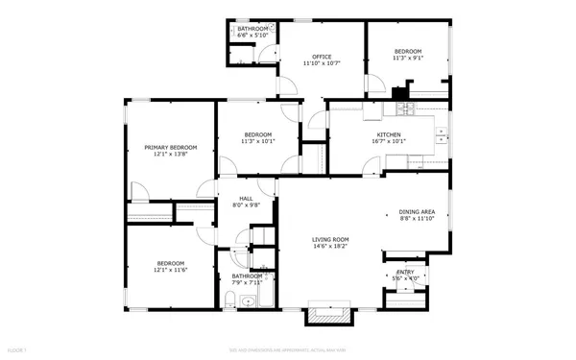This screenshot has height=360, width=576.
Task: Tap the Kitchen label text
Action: click(x=388, y=134)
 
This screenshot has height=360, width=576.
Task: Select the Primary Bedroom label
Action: click(x=171, y=147)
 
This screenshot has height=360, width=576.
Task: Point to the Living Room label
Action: click(x=329, y=239)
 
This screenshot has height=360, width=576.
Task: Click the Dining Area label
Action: click(x=418, y=212)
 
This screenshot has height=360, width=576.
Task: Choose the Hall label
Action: click(x=247, y=198)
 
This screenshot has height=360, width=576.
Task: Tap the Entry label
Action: click(x=406, y=272)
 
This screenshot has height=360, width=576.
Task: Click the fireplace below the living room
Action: click(x=328, y=312)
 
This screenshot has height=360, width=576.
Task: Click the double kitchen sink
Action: click(x=441, y=136)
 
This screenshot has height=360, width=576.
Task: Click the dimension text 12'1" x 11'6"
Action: click(x=171, y=269)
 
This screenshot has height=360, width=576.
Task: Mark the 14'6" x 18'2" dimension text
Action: click(x=329, y=246)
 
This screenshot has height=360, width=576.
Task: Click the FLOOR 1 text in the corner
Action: click(x=16, y=352)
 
